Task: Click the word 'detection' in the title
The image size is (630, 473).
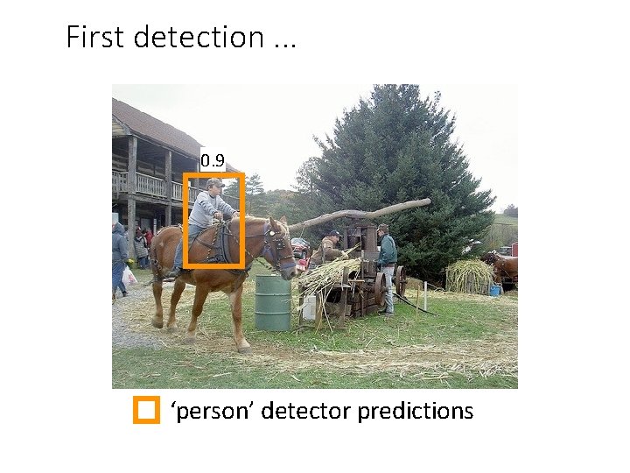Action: (196, 37)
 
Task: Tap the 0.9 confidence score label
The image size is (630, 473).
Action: (213, 160)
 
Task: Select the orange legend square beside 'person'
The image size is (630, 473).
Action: (145, 410)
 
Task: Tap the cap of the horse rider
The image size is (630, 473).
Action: (214, 183)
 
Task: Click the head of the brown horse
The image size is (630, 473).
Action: (278, 246)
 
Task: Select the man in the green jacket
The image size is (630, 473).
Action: (386, 264)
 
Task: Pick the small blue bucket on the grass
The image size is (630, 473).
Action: (495, 290)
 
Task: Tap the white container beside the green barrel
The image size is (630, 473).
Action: (309, 307)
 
